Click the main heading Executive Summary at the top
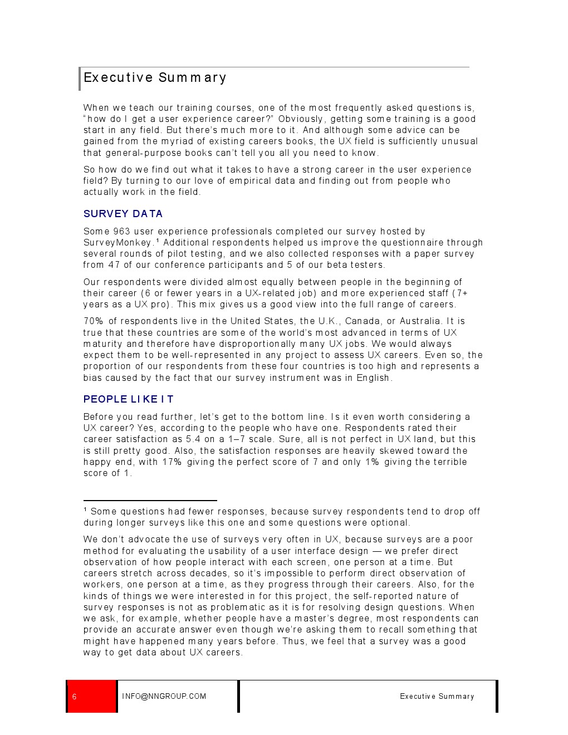155,77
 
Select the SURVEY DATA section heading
123,214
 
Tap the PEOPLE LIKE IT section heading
128,399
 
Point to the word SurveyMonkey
117,243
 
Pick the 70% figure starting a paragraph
93,321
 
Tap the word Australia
422,321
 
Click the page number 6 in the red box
75,697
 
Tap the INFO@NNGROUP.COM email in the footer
164,697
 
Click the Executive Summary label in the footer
437,697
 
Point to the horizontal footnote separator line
150,501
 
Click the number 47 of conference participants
114,265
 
